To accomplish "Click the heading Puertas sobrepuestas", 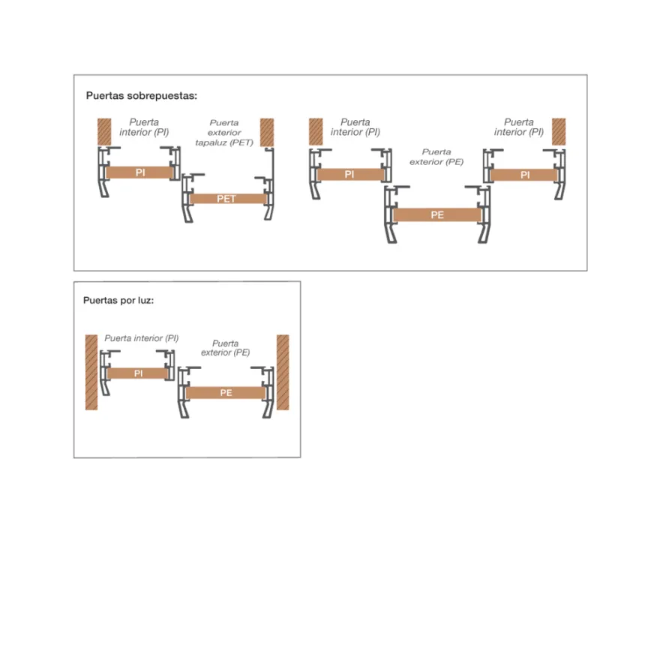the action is [142, 96].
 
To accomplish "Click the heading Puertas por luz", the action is [118, 301].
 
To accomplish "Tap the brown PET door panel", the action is [228, 199].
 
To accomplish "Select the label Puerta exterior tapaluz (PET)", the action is [224, 133].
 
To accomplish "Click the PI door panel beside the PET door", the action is [140, 172].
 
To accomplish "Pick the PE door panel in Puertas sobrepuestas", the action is [437, 215].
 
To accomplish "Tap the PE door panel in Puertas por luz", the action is [226, 393].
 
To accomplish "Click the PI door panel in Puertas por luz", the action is [138, 373].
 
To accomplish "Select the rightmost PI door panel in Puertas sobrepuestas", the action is [524, 175].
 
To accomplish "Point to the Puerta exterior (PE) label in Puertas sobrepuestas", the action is [436, 157].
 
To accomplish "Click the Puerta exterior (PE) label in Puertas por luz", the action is [225, 348].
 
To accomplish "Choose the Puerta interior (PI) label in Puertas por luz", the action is [142, 338].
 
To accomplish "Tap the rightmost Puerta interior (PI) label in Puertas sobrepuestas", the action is [519, 127].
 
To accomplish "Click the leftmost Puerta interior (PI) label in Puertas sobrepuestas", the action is [144, 127].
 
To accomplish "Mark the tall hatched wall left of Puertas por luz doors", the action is [91, 372].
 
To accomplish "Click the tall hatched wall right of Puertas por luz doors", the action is [283, 372].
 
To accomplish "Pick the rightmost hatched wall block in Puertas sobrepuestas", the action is [559, 132].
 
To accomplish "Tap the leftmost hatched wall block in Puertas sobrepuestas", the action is [104, 132].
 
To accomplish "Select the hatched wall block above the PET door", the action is [267, 132].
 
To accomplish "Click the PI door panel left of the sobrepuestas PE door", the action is [350, 174].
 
